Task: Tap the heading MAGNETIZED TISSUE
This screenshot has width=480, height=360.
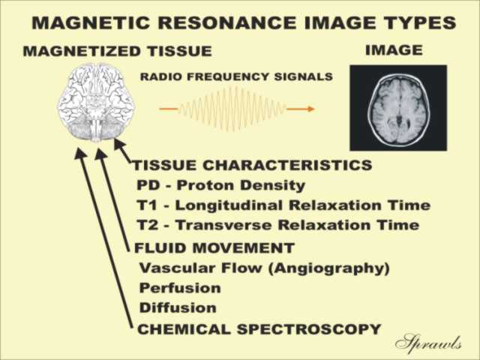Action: pos(118,51)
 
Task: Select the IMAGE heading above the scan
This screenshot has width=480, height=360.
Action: pos(394,50)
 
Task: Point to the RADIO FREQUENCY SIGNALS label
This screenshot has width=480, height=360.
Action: pos(236,76)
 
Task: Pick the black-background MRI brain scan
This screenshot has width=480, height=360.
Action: pos(398,108)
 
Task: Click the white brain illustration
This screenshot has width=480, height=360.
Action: pos(97,103)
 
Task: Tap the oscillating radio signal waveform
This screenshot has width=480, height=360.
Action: pos(232,109)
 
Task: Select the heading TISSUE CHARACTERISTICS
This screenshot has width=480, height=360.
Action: pos(253,165)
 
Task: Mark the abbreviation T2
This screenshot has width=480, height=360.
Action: pos(148,225)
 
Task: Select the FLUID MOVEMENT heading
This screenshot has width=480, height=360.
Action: pos(214,247)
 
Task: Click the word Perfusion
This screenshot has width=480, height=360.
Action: pos(180,288)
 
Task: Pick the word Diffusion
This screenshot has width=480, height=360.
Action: pos(178,307)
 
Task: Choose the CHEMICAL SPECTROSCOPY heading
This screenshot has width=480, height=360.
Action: pos(259,329)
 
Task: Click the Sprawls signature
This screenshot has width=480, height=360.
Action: pos(428,341)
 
